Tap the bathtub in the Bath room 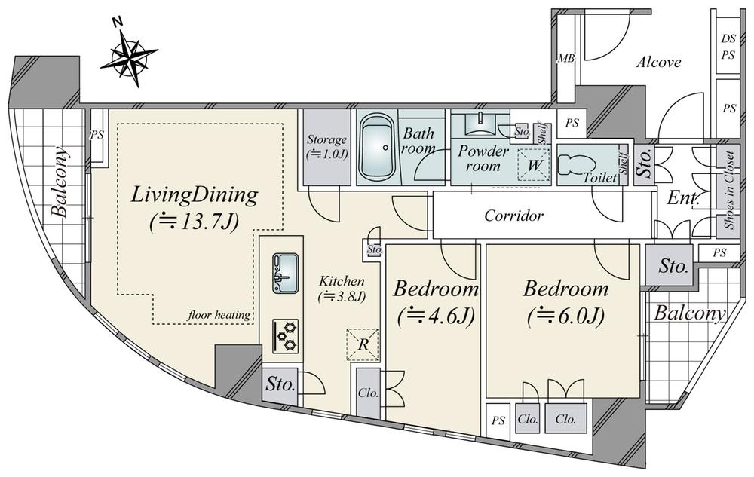[x=376, y=148]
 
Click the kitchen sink [x=285, y=273]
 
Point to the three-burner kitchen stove [x=286, y=334]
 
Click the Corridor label [x=513, y=216]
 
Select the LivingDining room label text [x=195, y=197]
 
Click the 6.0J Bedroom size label [x=565, y=316]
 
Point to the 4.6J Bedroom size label [x=437, y=316]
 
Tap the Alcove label [x=658, y=63]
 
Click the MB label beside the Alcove [x=564, y=59]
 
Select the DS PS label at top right [x=728, y=47]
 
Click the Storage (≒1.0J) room [x=326, y=147]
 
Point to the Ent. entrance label [x=683, y=200]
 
